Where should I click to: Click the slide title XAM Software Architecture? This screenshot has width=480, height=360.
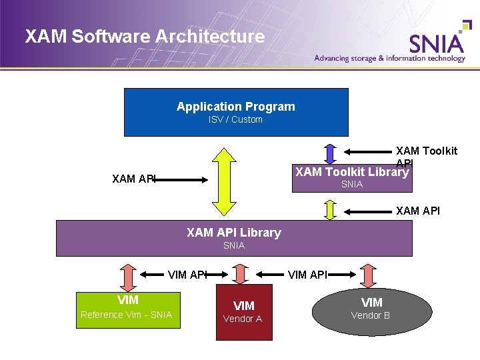click(145, 37)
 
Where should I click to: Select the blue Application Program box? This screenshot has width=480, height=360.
click(236, 112)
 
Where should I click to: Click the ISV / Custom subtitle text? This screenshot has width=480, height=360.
click(235, 120)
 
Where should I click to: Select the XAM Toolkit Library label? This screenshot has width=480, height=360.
click(351, 172)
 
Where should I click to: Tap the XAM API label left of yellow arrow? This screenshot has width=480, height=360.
click(134, 179)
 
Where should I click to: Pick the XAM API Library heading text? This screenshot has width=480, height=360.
click(234, 233)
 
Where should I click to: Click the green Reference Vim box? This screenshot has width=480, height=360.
click(127, 310)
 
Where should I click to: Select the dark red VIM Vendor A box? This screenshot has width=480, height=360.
click(243, 312)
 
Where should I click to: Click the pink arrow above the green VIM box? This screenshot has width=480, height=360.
click(127, 275)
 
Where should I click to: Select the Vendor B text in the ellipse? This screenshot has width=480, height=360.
click(371, 315)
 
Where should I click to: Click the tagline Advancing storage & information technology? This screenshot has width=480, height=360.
click(390, 58)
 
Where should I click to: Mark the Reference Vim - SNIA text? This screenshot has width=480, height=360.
click(126, 315)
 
